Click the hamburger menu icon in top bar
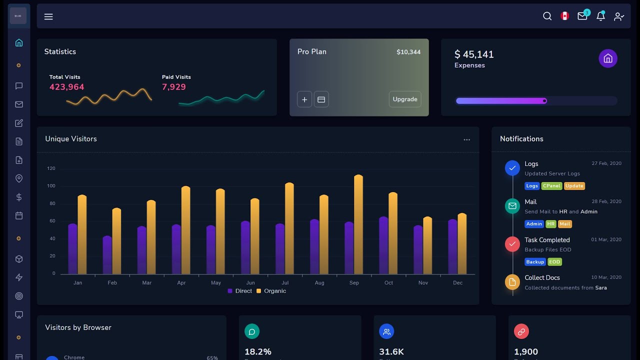pyautogui.click(x=48, y=16)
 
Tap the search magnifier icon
pyautogui.click(x=547, y=16)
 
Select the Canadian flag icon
pyautogui.click(x=564, y=16)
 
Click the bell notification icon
pyautogui.click(x=600, y=16)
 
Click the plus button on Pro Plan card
pyautogui.click(x=304, y=99)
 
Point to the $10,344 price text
pyautogui.click(x=408, y=52)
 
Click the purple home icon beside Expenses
pyautogui.click(x=608, y=58)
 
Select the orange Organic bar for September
pyautogui.click(x=358, y=225)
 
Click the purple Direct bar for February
pyautogui.click(x=107, y=255)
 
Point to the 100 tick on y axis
pyautogui.click(x=51, y=186)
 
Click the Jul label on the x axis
pyautogui.click(x=285, y=283)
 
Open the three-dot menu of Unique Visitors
pyautogui.click(x=466, y=140)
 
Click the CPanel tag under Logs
pyautogui.click(x=551, y=186)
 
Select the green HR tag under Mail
pyautogui.click(x=550, y=224)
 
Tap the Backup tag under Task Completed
pyautogui.click(x=534, y=262)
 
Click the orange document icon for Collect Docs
pyautogui.click(x=512, y=282)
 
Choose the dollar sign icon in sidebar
pyautogui.click(x=19, y=197)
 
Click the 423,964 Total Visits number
pyautogui.click(x=66, y=87)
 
